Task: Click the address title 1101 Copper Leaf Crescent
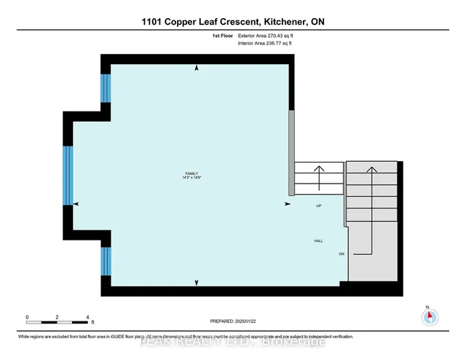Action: [233, 21]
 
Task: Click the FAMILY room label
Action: [192, 173]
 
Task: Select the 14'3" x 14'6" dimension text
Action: [192, 178]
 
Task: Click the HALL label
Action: [318, 240]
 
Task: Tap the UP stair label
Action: [318, 206]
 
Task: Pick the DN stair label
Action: [341, 254]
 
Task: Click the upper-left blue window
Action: [106, 87]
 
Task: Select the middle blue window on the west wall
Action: [68, 176]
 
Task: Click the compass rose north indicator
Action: [430, 316]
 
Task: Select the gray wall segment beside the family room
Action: [291, 153]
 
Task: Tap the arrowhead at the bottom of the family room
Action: [196, 281]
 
